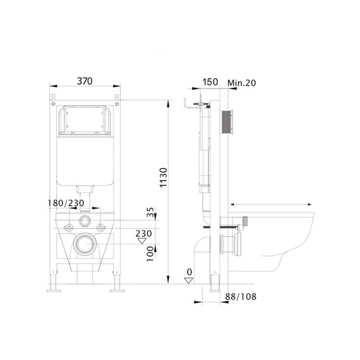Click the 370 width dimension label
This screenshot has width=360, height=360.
tap(85, 81)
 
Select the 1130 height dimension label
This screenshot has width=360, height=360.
tap(164, 177)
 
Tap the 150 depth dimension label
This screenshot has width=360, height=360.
tap(210, 82)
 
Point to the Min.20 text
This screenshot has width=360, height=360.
tap(241, 83)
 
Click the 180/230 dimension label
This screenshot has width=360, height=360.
tap(66, 203)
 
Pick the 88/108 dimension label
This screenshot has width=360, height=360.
tap(241, 297)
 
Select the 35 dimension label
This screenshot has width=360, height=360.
tap(150, 212)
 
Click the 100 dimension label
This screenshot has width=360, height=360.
tap(150, 254)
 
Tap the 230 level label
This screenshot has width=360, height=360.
tap(143, 234)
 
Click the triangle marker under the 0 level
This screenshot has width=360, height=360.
tap(189, 280)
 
